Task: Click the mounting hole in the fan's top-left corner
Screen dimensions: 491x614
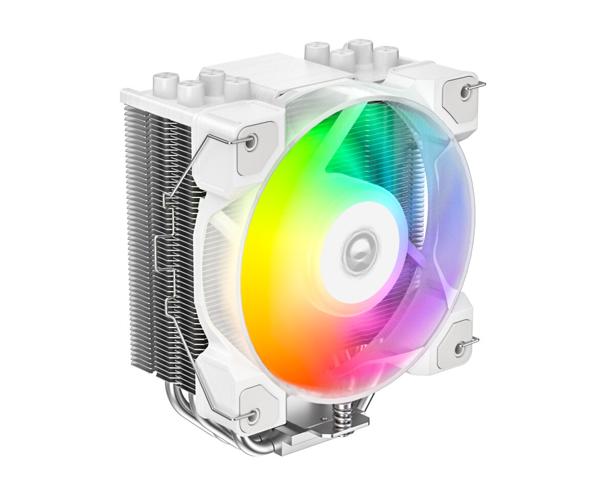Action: click(250, 143)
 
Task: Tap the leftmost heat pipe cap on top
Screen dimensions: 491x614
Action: click(166, 82)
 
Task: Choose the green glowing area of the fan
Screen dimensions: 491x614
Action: click(327, 138)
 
